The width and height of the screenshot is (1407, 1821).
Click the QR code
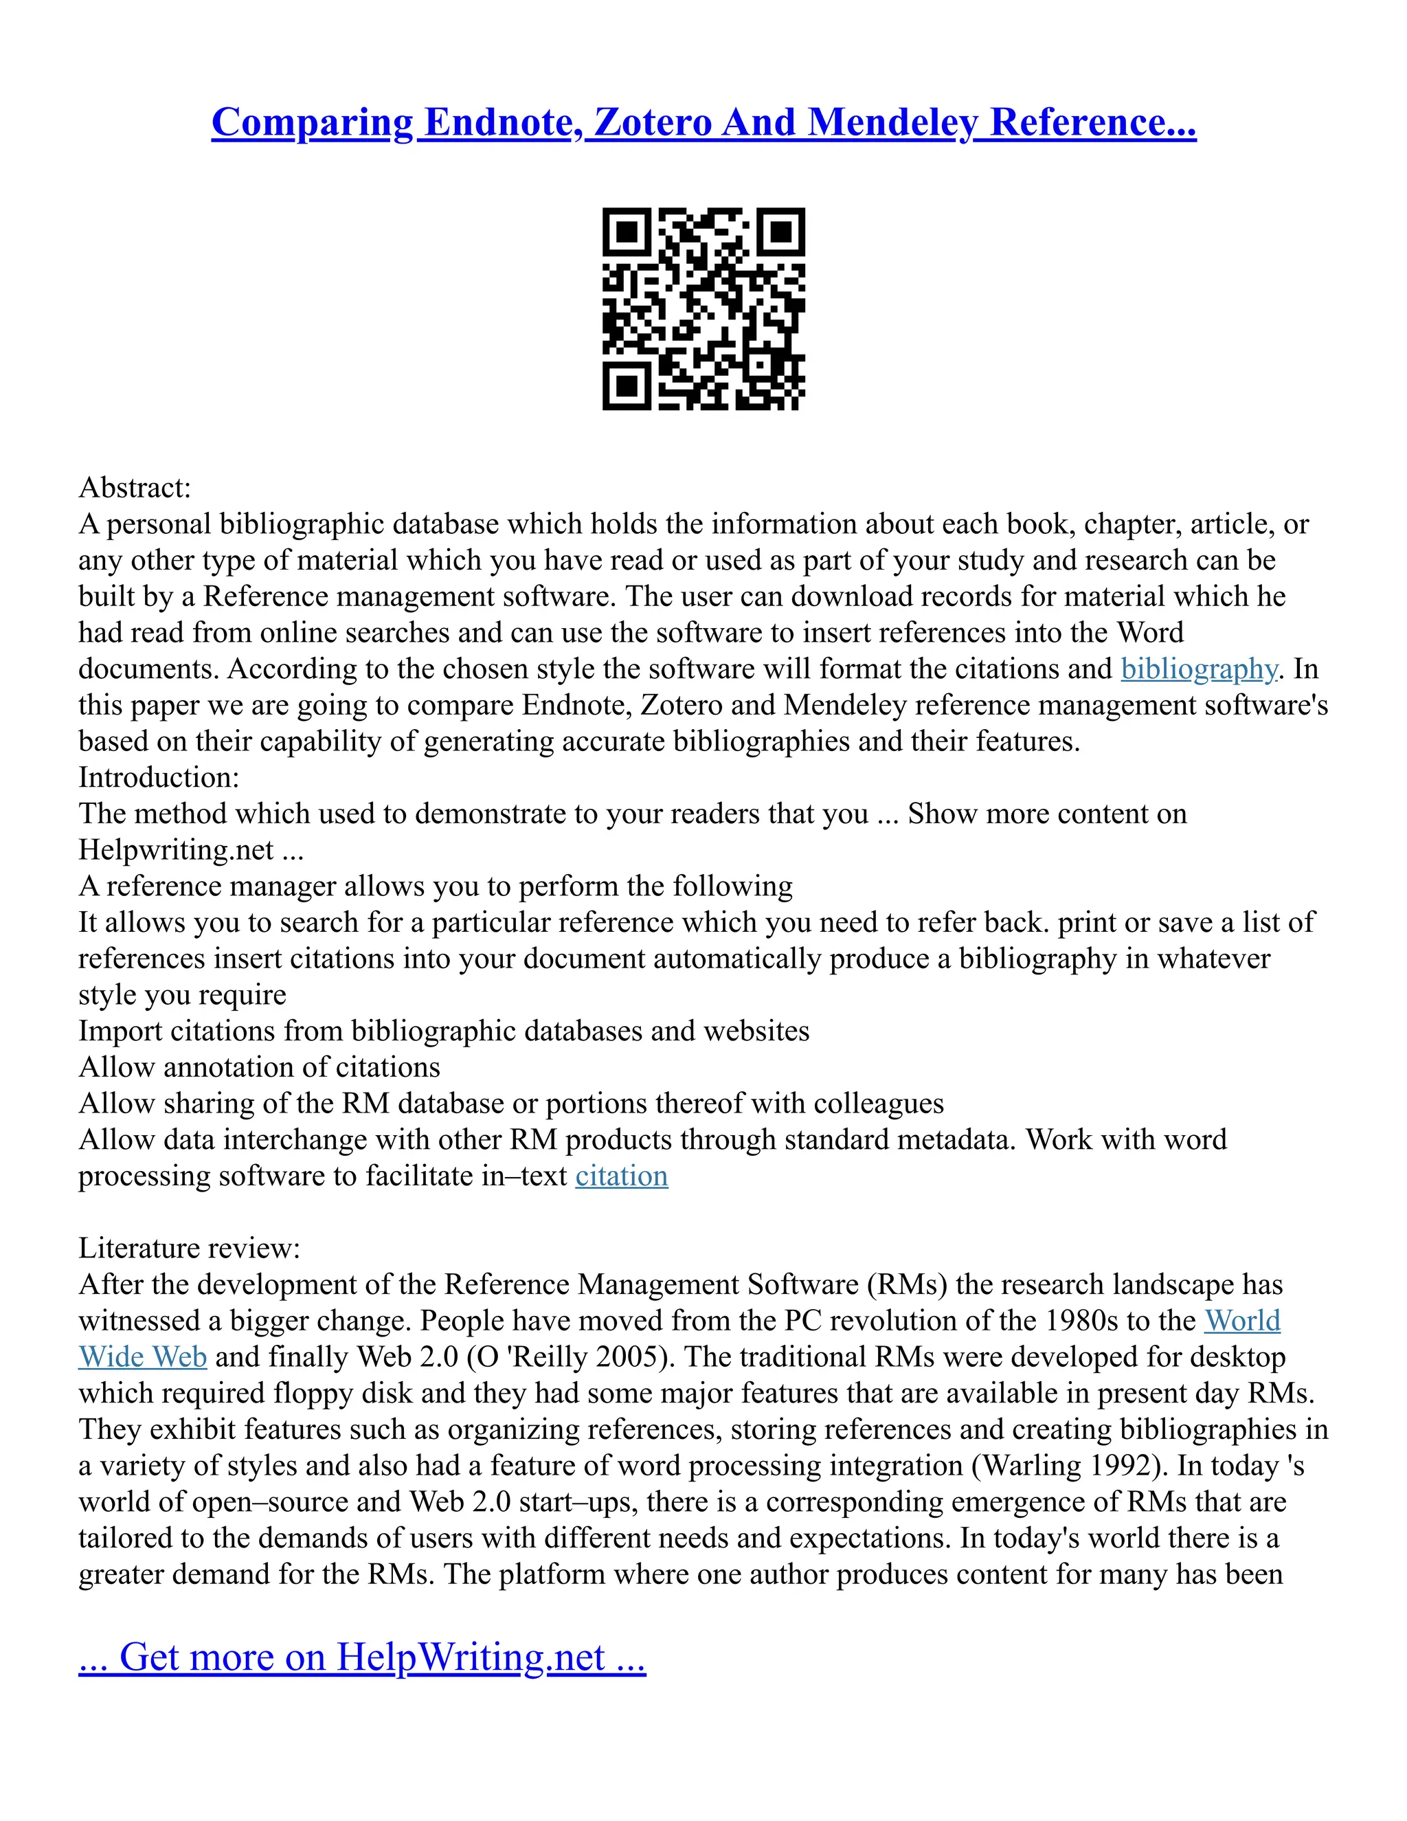[703, 309]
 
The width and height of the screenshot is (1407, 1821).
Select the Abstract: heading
[135, 487]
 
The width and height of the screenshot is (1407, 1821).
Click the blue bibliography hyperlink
[1199, 669]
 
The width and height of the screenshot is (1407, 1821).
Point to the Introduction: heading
[159, 777]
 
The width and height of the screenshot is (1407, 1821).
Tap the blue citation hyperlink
[621, 1176]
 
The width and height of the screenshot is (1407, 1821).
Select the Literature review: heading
[189, 1248]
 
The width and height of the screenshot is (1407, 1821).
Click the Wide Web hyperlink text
[142, 1356]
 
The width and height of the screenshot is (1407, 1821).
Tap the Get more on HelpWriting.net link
[362, 1657]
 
